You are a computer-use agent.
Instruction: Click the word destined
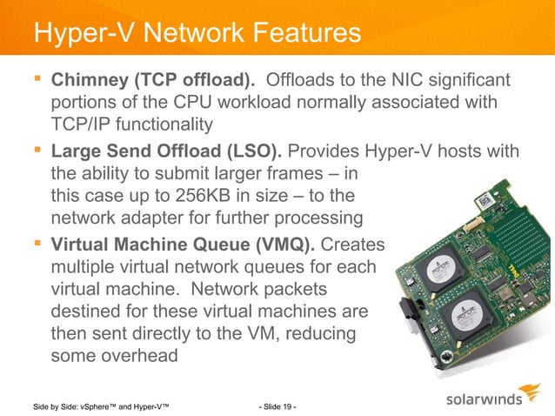tap(90, 311)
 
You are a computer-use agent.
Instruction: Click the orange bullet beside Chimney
tap(37, 81)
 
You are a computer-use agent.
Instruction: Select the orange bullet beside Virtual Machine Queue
tap(37, 242)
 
